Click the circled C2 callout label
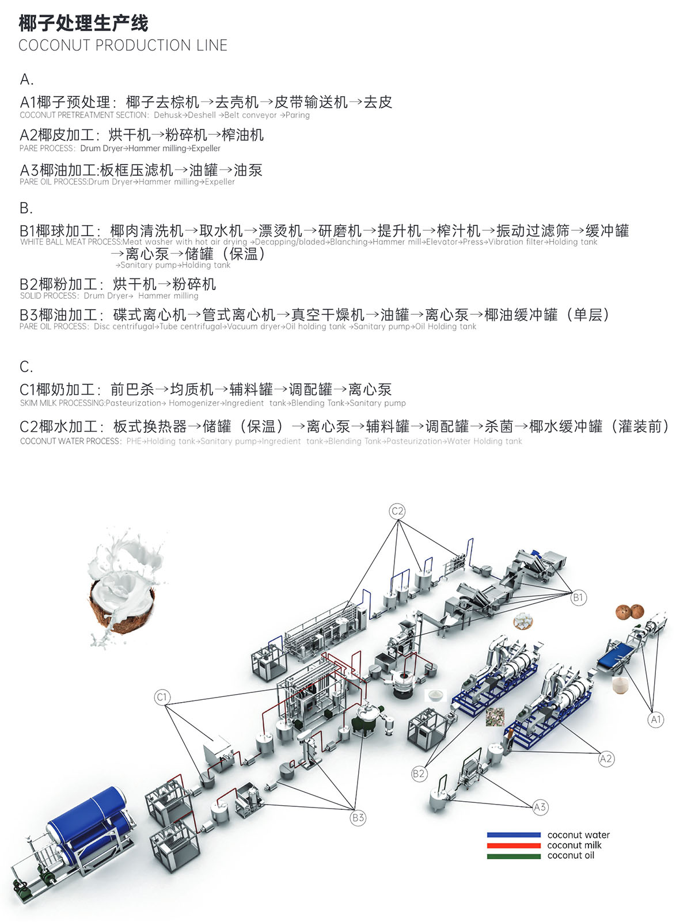[x=397, y=510]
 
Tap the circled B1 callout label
[x=578, y=597]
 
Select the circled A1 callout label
[x=656, y=719]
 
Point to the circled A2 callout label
[x=606, y=759]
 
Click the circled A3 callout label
[x=540, y=807]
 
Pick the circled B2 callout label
[x=419, y=774]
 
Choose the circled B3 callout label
[x=358, y=817]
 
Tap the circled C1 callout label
[x=162, y=697]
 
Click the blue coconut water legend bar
[x=514, y=835]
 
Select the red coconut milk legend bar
[x=514, y=845]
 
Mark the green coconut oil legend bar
[x=514, y=856]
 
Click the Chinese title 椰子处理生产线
[x=83, y=23]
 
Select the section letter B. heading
[x=26, y=208]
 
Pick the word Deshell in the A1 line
[x=202, y=115]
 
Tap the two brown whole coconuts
[x=629, y=612]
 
